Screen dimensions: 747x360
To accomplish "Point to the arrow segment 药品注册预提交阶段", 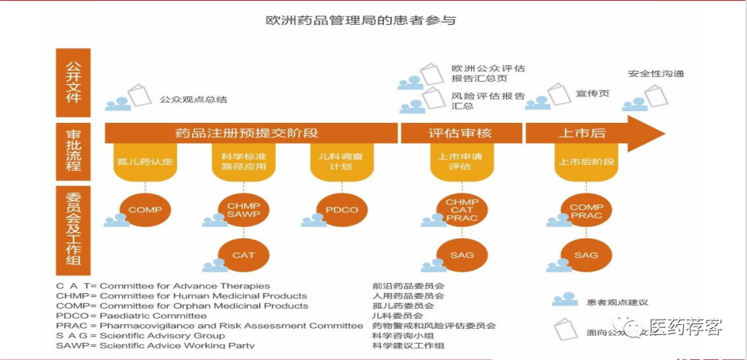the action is click(247, 133).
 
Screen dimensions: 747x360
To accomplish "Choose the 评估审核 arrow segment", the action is click(460, 133).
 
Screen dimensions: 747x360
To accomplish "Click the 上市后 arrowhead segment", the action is click(591, 133).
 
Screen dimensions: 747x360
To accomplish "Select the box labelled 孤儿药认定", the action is click(145, 162).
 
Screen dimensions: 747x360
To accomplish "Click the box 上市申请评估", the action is click(461, 162).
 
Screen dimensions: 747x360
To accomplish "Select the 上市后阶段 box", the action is click(587, 162).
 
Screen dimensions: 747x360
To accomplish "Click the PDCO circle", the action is click(342, 210).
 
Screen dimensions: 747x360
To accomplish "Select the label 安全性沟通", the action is click(656, 74).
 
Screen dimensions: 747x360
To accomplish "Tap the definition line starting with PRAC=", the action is click(210, 326).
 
